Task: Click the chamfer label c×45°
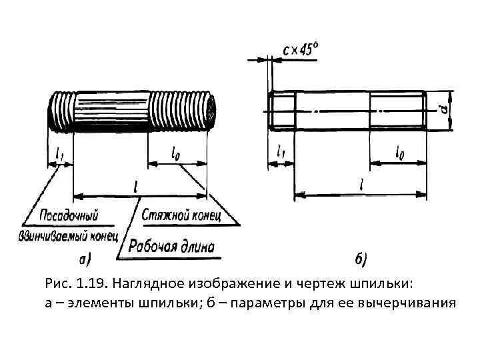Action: click(x=301, y=50)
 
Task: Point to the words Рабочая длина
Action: click(x=171, y=247)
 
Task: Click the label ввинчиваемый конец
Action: click(x=69, y=236)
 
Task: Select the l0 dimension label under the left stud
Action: click(x=176, y=154)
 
